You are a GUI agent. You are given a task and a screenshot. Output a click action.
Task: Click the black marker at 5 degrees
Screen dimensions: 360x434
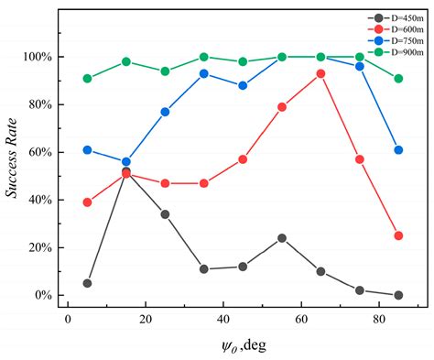(x=87, y=283)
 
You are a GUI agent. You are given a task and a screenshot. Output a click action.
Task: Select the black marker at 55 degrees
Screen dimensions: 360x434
(x=282, y=238)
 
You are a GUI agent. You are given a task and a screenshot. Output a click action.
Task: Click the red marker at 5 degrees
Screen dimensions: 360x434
(x=87, y=202)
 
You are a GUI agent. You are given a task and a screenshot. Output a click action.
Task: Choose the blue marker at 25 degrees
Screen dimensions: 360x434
(x=165, y=112)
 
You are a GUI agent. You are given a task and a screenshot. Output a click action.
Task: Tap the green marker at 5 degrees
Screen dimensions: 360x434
(x=87, y=79)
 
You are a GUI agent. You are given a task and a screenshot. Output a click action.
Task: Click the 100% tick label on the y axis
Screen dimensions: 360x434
(x=37, y=57)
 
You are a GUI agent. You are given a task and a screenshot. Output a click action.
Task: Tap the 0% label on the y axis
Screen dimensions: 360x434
(x=42, y=296)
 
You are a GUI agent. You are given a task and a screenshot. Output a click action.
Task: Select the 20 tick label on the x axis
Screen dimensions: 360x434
(x=145, y=317)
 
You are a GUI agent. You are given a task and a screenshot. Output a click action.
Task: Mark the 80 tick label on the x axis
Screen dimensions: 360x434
(x=379, y=317)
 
